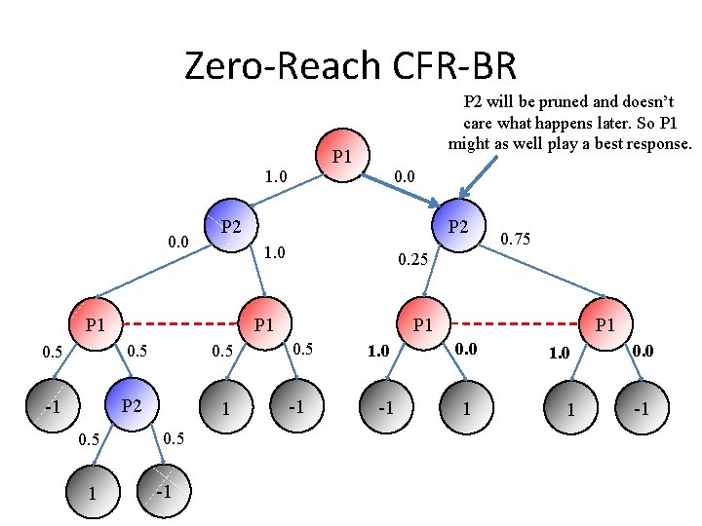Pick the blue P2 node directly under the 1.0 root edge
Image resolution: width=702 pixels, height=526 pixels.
(229, 227)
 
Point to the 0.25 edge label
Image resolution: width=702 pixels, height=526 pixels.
(413, 260)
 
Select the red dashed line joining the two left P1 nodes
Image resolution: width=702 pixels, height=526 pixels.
(177, 323)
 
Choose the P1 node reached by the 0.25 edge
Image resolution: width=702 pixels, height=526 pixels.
(422, 323)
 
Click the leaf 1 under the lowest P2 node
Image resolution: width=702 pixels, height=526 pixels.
(92, 492)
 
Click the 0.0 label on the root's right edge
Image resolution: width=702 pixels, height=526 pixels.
(404, 177)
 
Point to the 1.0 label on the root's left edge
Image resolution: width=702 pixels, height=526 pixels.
(277, 177)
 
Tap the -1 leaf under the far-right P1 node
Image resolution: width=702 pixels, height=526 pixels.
(642, 409)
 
